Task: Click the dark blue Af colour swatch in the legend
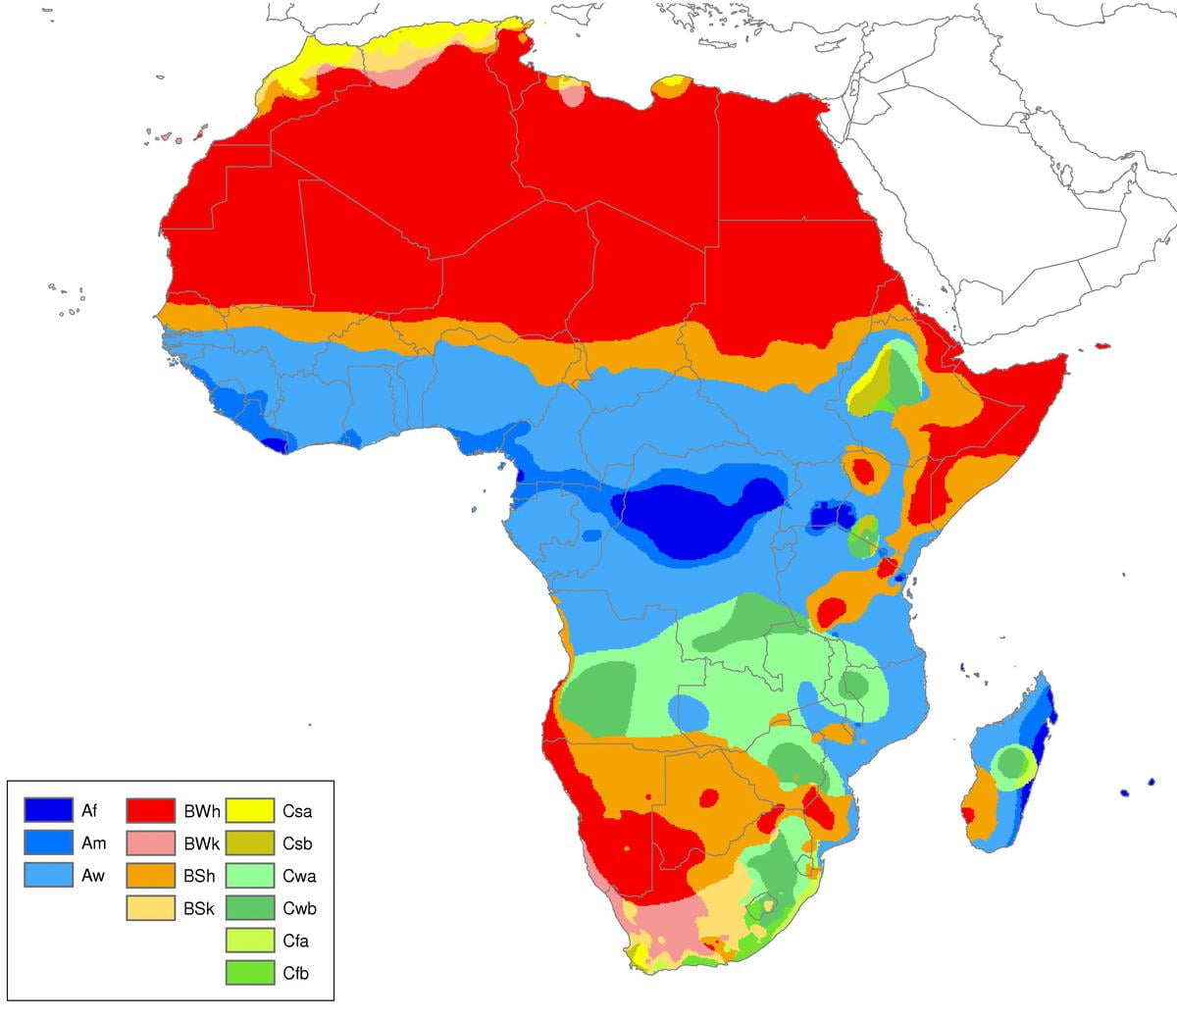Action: pyautogui.click(x=48, y=810)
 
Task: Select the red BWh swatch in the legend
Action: pyautogui.click(x=150, y=810)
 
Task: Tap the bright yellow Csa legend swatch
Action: pyautogui.click(x=250, y=810)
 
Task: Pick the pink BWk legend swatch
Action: pyautogui.click(x=150, y=842)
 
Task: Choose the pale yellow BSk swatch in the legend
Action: pyautogui.click(x=150, y=908)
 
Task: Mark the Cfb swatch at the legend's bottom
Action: pyautogui.click(x=250, y=973)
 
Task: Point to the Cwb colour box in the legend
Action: pyautogui.click(x=250, y=908)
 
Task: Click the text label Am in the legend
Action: pyautogui.click(x=94, y=842)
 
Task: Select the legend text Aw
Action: pyautogui.click(x=94, y=875)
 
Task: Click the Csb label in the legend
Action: pyautogui.click(x=297, y=842)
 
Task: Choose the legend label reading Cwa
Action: pyautogui.click(x=298, y=875)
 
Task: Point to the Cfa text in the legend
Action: pyautogui.click(x=297, y=941)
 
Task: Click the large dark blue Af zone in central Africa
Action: pyautogui.click(x=687, y=520)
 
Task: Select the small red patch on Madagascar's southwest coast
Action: pyautogui.click(x=969, y=814)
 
